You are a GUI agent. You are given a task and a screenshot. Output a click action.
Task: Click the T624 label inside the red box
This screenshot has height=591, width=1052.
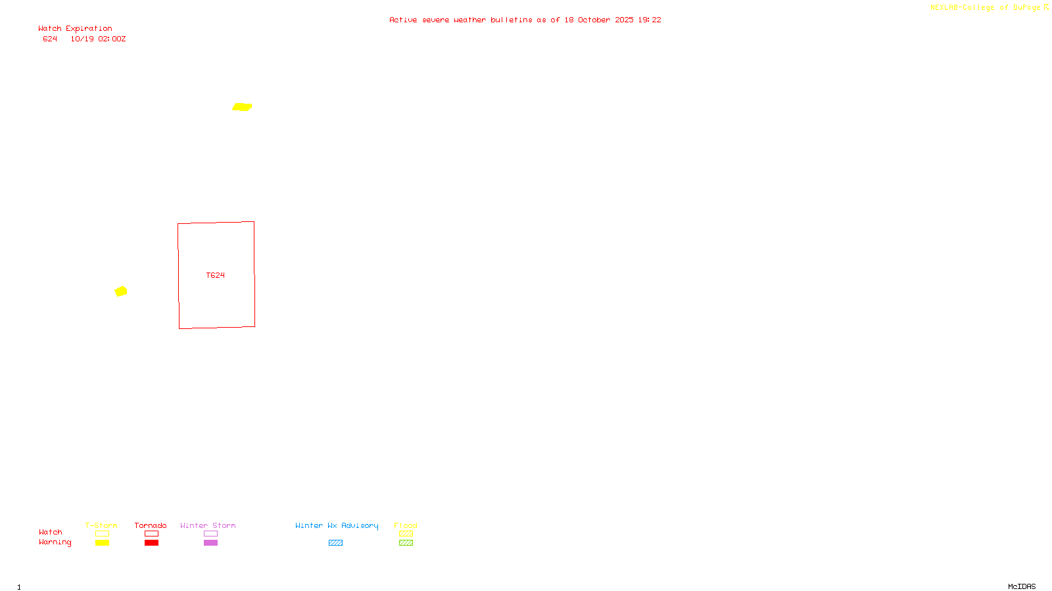pyautogui.click(x=216, y=275)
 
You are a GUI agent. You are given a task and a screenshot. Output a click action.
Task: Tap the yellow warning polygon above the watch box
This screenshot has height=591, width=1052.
pyautogui.click(x=242, y=107)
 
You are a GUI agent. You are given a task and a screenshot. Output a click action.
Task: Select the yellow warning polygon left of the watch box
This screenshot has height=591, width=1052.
pyautogui.click(x=121, y=291)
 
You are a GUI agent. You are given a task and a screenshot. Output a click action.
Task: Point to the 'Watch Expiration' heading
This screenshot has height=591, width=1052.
pyautogui.click(x=75, y=29)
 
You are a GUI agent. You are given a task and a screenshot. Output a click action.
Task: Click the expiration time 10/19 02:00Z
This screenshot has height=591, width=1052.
pyautogui.click(x=98, y=39)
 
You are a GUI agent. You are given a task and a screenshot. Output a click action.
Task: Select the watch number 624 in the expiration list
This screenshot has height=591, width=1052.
pyautogui.click(x=50, y=39)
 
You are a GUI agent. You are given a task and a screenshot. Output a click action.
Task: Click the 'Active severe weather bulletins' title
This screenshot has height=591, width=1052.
pyautogui.click(x=525, y=20)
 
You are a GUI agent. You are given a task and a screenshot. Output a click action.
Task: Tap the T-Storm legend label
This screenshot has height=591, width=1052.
pyautogui.click(x=101, y=525)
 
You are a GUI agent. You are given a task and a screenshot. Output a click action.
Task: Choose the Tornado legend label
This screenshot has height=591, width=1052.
pyautogui.click(x=151, y=525)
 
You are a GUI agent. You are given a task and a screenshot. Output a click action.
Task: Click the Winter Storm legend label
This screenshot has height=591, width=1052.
pyautogui.click(x=208, y=525)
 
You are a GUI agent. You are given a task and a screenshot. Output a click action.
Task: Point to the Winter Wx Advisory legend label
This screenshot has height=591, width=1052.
pyautogui.click(x=337, y=525)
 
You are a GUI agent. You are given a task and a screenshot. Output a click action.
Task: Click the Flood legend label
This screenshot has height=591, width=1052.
pyautogui.click(x=406, y=525)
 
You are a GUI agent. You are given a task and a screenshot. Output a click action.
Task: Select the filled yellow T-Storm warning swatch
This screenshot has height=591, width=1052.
pyautogui.click(x=102, y=543)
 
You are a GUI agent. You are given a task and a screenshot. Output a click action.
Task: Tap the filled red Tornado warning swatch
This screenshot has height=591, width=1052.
pyautogui.click(x=152, y=543)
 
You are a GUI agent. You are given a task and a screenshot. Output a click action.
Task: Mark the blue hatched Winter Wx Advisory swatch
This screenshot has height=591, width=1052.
pyautogui.click(x=335, y=543)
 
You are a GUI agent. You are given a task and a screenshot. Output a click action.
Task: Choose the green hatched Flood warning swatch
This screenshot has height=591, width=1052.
pyautogui.click(x=406, y=543)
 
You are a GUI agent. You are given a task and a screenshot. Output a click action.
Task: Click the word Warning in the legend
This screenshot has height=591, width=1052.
pyautogui.click(x=55, y=542)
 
